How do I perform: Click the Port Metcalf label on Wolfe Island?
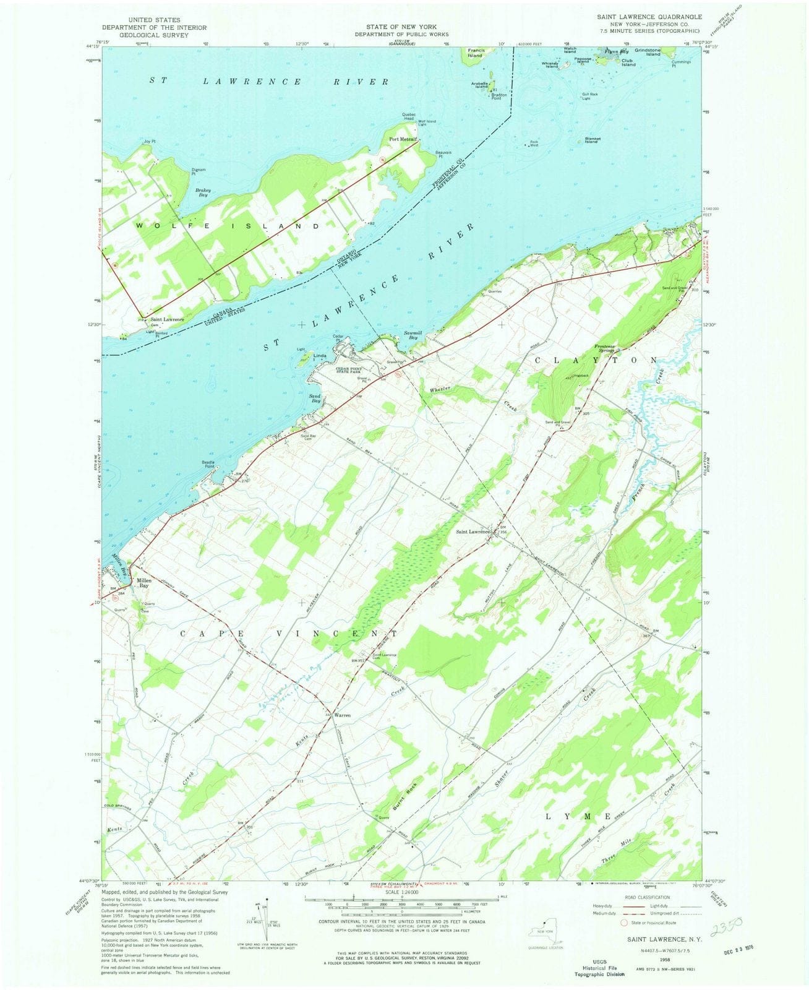pyautogui.click(x=401, y=139)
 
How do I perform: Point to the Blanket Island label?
pyautogui.click(x=591, y=140)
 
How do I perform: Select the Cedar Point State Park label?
pyautogui.click(x=352, y=371)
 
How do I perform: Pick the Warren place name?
pyautogui.click(x=342, y=715)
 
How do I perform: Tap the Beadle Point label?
pyautogui.click(x=212, y=464)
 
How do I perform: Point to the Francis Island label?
pyautogui.click(x=475, y=53)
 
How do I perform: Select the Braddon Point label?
pyautogui.click(x=499, y=97)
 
